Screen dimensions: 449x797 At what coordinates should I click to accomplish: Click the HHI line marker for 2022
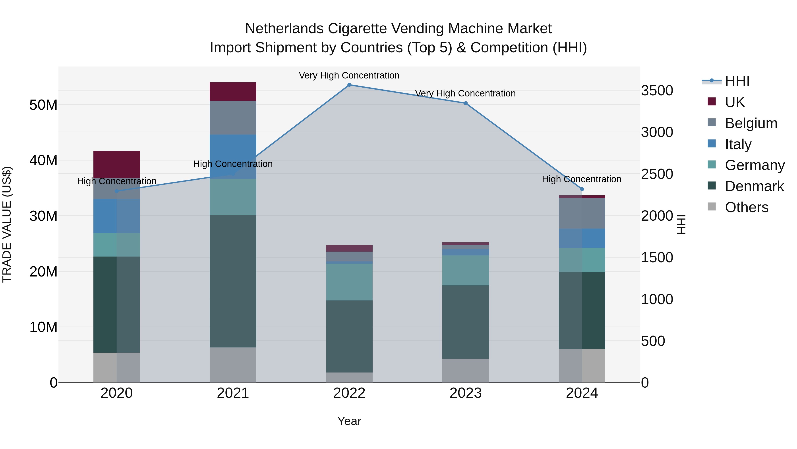click(349, 85)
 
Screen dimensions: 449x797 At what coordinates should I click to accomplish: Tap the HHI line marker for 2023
click(466, 103)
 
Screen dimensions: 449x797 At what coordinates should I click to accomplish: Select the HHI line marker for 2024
click(582, 189)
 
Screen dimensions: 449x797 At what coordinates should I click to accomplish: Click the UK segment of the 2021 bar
click(233, 92)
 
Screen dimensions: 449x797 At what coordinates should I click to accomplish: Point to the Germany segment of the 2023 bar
click(466, 270)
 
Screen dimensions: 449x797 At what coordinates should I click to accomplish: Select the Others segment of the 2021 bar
click(233, 365)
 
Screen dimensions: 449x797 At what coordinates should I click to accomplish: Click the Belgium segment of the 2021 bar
click(233, 118)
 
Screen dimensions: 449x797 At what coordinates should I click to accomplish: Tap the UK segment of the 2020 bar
click(117, 164)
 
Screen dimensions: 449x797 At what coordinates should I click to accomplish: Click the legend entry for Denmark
click(754, 186)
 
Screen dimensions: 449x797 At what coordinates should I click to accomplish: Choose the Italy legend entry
click(738, 144)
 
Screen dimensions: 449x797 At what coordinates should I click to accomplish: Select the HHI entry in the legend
click(737, 81)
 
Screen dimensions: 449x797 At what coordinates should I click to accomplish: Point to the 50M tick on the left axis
click(43, 105)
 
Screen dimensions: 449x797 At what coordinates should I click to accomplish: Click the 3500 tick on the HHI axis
click(657, 90)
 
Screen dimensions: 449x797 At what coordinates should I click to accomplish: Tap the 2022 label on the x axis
click(349, 393)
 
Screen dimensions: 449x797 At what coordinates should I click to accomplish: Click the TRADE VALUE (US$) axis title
click(7, 224)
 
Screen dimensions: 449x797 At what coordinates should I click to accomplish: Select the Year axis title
click(349, 421)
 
